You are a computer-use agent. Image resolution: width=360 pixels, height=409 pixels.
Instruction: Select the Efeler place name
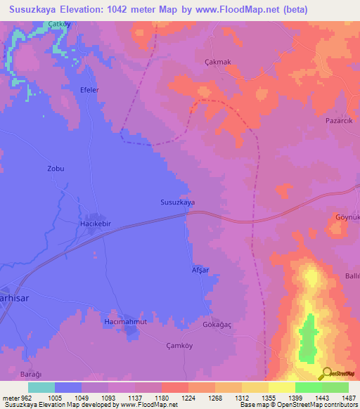tap(90, 91)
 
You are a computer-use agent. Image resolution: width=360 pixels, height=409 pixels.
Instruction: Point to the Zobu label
tap(56, 169)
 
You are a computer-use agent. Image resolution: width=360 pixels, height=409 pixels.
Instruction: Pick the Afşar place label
tap(200, 271)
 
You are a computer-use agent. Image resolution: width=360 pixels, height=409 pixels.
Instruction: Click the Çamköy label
tap(179, 346)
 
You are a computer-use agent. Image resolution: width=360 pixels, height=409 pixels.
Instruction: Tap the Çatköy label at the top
tap(59, 24)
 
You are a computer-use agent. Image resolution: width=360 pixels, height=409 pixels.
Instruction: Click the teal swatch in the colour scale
tap(41, 387)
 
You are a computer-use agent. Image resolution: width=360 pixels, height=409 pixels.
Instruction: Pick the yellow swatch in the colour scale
tap(281, 387)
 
